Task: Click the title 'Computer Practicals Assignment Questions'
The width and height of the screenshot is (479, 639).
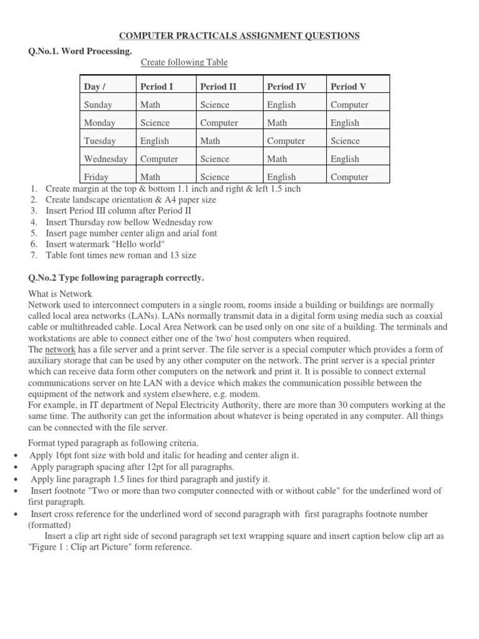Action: pos(239,37)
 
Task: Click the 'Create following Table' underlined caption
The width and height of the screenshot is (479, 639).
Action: pos(184,62)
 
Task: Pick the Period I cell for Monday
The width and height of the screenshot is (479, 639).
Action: pos(155,123)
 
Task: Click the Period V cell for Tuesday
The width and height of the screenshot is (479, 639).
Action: pos(345,141)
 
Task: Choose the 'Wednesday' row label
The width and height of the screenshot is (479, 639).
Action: pos(105,159)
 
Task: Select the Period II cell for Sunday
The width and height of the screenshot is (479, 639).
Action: pos(215,105)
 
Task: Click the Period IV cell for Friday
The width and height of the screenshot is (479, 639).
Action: pos(281,177)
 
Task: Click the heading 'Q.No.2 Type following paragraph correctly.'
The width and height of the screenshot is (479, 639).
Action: pos(116,278)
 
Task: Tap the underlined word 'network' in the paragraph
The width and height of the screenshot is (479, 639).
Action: pos(60,349)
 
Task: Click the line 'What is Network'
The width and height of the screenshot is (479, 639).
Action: pos(60,293)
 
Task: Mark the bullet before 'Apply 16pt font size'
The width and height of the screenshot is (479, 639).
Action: pos(14,456)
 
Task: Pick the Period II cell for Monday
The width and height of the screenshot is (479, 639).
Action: pos(219,123)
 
